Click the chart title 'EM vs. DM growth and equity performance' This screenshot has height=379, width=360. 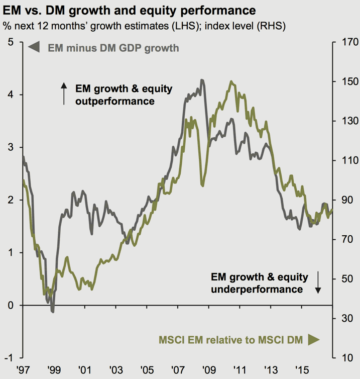point(129,10)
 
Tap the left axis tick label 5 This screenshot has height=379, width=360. point(11,42)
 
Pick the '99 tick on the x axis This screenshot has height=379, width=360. point(53,369)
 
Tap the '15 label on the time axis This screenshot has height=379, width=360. point(302,369)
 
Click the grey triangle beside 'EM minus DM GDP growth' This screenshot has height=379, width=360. point(34,48)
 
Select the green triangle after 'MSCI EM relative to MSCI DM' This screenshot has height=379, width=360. point(314,340)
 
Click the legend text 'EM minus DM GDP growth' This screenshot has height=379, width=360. point(113,48)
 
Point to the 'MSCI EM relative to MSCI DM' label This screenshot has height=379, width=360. point(230,340)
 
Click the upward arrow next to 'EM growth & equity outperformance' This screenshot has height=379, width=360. point(64,94)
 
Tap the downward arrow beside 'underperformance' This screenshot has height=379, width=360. point(318,282)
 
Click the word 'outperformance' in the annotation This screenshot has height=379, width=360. point(114,101)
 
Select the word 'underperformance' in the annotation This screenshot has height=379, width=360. point(257,290)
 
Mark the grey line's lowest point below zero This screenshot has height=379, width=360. point(52,312)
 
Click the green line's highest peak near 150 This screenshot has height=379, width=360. point(231,81)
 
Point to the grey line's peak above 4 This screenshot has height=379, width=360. point(202,80)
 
